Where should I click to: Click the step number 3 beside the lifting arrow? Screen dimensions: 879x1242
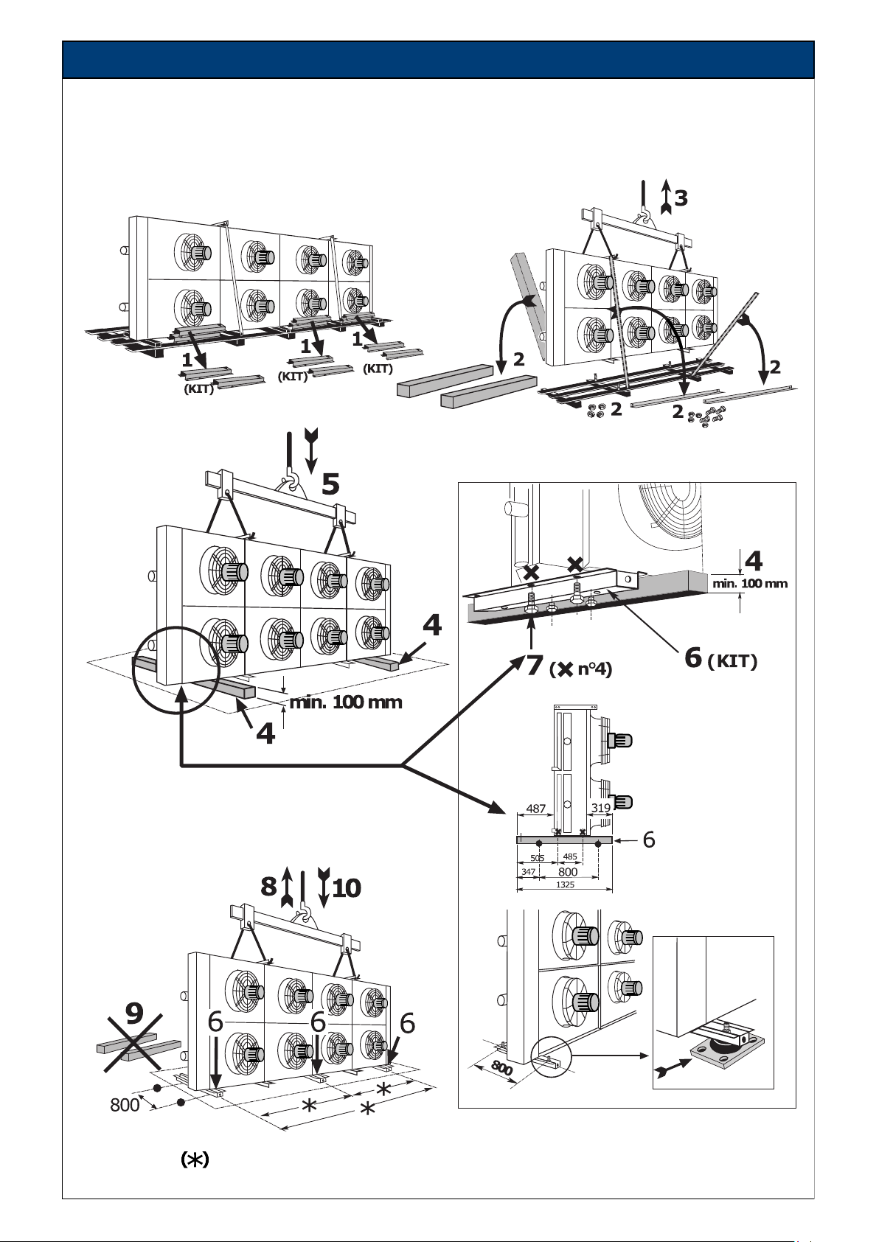[681, 198]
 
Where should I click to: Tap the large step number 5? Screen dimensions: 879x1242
[330, 484]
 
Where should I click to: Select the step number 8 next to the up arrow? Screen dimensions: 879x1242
[268, 887]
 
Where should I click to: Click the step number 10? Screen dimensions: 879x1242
[347, 887]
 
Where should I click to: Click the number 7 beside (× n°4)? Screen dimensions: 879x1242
[534, 665]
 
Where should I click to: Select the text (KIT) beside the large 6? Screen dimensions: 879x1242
[732, 661]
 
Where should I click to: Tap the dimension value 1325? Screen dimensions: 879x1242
[565, 885]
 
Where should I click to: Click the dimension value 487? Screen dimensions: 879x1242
[535, 809]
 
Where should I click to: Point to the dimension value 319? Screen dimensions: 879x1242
[600, 808]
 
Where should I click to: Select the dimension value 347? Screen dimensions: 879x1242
[528, 872]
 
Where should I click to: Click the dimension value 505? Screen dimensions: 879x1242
[537, 858]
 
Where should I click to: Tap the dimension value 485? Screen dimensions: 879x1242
[570, 857]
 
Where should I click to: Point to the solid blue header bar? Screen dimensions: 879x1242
[438, 59]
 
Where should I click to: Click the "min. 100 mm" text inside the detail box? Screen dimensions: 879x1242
[750, 583]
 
